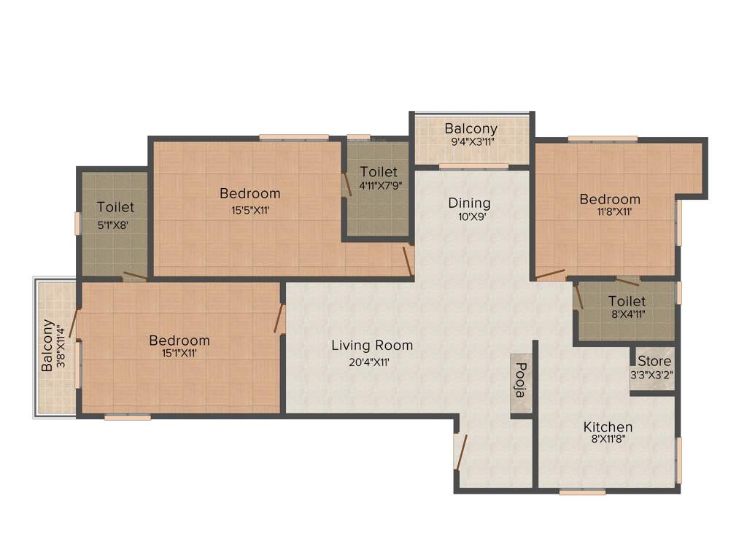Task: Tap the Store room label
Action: (654, 362)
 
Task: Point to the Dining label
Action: (469, 203)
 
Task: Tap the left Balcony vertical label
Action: (47, 346)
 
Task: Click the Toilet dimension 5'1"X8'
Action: (113, 225)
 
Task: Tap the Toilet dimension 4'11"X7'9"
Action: (379, 185)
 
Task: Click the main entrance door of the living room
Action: (460, 451)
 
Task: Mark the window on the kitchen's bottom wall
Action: (582, 492)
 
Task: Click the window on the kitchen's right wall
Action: (678, 460)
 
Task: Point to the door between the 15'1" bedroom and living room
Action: (279, 319)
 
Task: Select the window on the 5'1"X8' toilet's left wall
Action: (77, 223)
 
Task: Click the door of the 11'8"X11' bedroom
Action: (550, 276)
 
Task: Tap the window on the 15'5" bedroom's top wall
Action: (293, 137)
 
